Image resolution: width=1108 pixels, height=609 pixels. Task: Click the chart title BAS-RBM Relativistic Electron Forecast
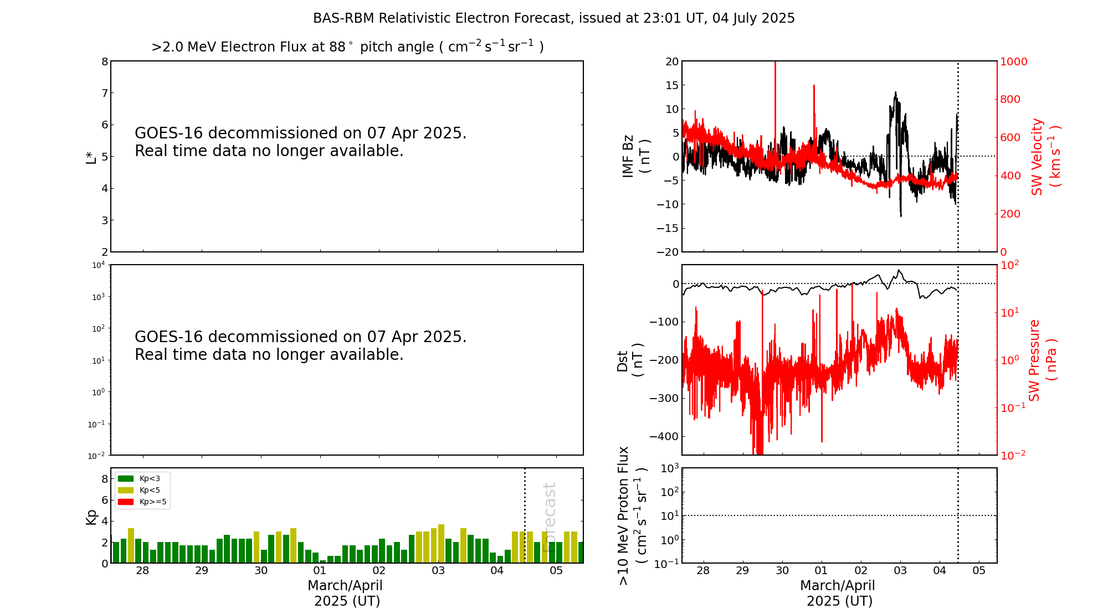click(553, 18)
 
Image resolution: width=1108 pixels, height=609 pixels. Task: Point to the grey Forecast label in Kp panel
click(549, 517)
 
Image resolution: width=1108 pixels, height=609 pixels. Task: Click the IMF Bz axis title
click(636, 156)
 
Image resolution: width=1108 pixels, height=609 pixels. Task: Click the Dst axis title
click(630, 360)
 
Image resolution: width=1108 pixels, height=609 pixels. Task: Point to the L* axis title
click(91, 156)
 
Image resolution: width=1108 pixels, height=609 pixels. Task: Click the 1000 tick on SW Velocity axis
click(1013, 61)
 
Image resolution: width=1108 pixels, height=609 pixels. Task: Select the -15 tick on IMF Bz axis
click(668, 228)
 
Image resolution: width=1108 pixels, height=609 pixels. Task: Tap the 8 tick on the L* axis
click(104, 61)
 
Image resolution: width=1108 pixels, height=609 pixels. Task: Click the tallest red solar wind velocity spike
click(775, 64)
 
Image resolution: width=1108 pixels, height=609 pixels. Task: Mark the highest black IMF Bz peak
click(895, 93)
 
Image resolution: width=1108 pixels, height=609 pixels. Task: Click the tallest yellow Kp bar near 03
click(442, 543)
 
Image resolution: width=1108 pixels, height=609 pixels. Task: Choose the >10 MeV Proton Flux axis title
click(632, 515)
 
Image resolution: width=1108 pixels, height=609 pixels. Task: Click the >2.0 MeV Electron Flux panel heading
click(347, 47)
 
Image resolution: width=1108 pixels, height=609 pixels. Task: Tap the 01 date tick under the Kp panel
click(320, 571)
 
